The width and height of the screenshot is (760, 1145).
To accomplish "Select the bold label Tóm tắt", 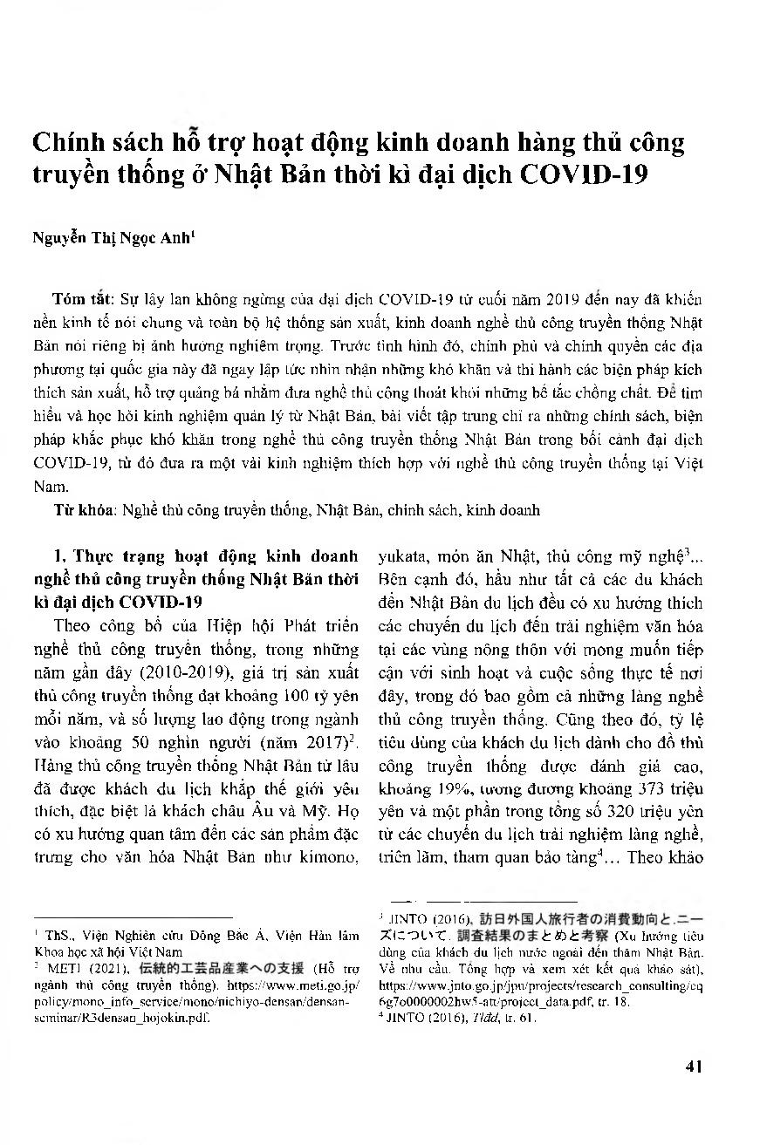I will tap(76, 301).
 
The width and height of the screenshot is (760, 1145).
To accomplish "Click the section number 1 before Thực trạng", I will tap(58, 556).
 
